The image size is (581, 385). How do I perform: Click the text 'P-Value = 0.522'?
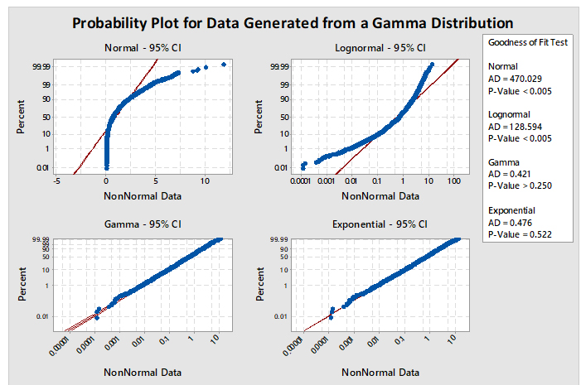click(520, 234)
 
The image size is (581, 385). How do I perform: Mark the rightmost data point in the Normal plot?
click(224, 65)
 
